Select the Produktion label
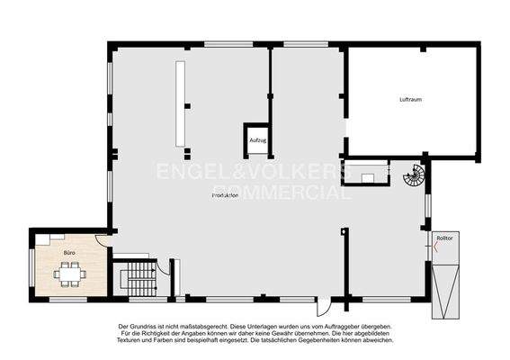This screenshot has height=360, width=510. (225, 195)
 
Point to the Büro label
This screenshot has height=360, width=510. (68, 253)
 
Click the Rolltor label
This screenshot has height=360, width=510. (445, 238)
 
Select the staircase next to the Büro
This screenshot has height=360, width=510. (139, 278)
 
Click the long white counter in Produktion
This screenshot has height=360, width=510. (181, 103)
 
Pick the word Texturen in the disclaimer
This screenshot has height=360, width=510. (136, 341)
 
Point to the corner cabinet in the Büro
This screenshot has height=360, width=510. (43, 238)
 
